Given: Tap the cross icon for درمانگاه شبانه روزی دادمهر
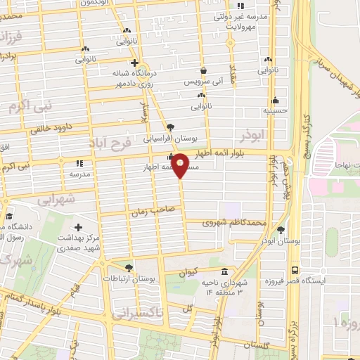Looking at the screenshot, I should [134, 63].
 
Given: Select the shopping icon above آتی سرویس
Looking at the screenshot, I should [203, 71].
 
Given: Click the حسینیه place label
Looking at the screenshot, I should [274, 110].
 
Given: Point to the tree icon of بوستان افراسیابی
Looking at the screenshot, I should [172, 127].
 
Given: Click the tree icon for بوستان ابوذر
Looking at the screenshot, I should [281, 230].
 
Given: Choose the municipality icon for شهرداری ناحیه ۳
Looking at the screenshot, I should [224, 272].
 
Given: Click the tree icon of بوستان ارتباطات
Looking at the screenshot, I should [129, 267].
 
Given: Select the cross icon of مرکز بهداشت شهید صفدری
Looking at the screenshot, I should [78, 227].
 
